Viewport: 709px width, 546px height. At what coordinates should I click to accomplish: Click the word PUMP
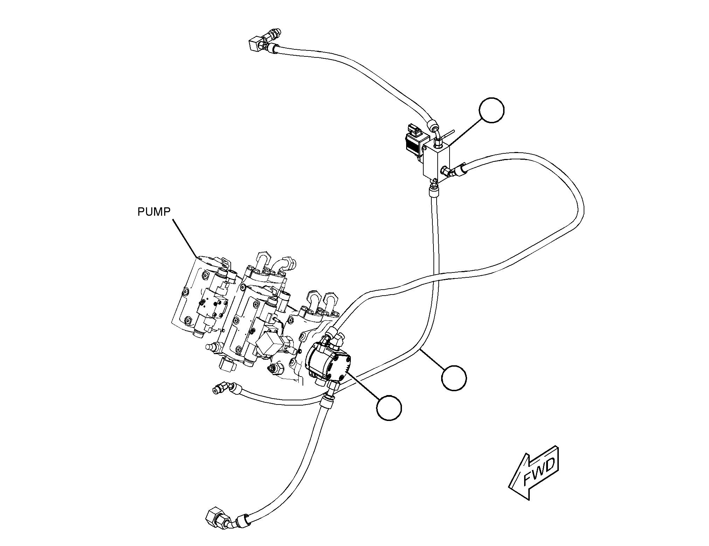click(154, 212)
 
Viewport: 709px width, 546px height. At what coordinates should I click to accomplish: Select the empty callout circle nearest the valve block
click(492, 110)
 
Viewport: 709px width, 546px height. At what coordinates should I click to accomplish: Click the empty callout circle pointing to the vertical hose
click(454, 378)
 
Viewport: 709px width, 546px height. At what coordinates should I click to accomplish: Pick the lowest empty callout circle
click(389, 407)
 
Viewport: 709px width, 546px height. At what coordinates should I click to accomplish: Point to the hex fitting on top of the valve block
click(438, 143)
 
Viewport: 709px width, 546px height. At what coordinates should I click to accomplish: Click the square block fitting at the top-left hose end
click(256, 45)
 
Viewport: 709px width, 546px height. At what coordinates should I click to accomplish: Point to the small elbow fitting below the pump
click(223, 389)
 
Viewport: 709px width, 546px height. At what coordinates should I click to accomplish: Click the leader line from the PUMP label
click(185, 238)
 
